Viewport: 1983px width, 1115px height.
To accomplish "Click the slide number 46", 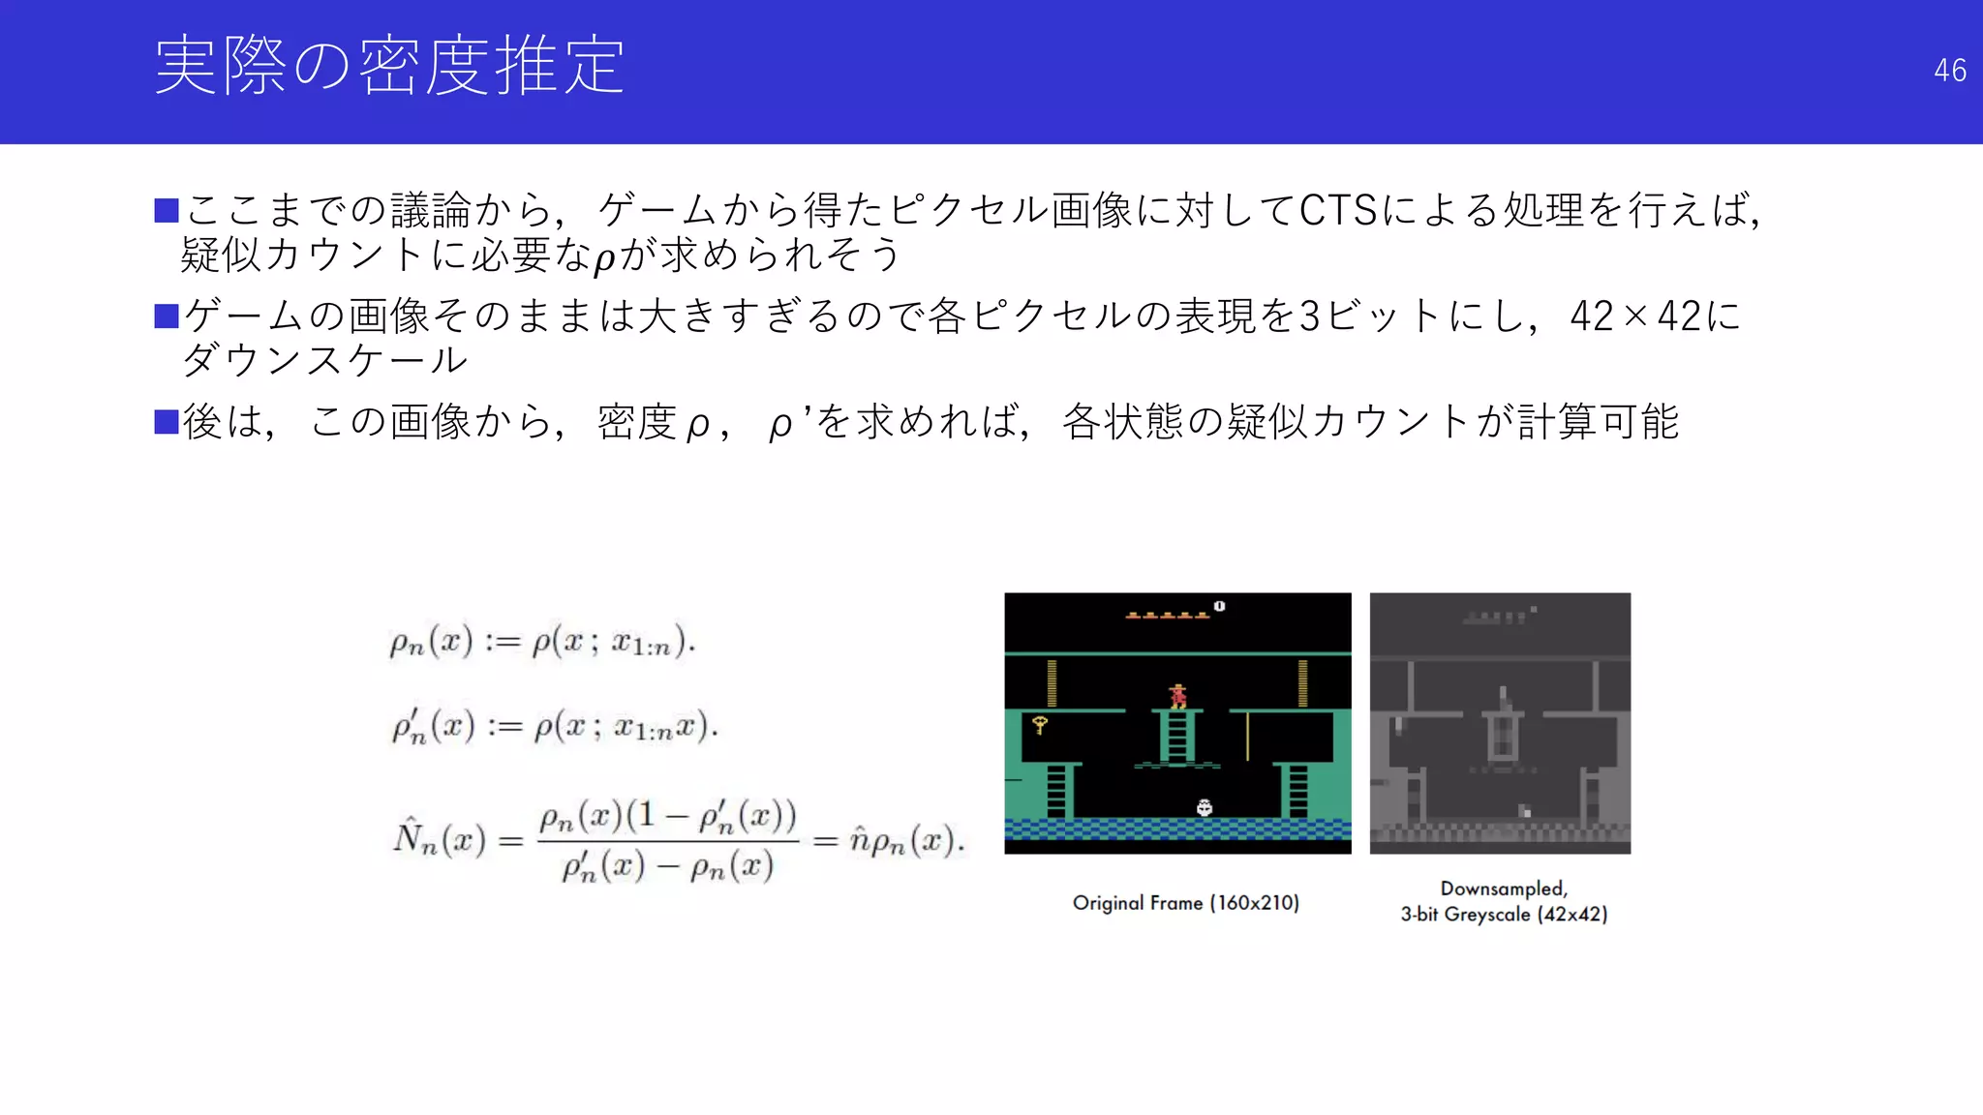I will pos(1949,71).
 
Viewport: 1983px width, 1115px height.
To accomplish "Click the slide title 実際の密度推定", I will pos(389,66).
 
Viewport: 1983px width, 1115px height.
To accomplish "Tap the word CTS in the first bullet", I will pos(1337,210).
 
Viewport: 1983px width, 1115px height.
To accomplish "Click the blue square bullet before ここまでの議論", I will pos(167,210).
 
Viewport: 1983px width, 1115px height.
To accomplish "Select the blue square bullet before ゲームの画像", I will pos(167,316).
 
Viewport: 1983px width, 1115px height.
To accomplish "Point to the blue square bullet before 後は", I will pos(167,422).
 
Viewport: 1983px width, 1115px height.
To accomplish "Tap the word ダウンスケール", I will pos(325,360).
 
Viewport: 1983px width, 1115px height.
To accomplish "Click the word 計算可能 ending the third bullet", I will pos(1598,422).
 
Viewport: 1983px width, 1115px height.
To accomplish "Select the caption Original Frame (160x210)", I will pos(1185,903).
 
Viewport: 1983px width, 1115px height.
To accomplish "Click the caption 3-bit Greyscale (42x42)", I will pos(1503,915).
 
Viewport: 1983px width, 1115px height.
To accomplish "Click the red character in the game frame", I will pos(1177,696).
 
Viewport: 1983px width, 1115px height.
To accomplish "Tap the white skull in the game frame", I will pos(1204,807).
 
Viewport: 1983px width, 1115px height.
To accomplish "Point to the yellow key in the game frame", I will pos(1040,724).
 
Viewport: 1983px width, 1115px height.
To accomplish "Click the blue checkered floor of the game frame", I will pos(1177,829).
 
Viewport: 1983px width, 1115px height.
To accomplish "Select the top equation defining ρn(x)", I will pos(542,642).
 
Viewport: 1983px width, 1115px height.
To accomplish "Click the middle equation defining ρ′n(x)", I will pos(554,726).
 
